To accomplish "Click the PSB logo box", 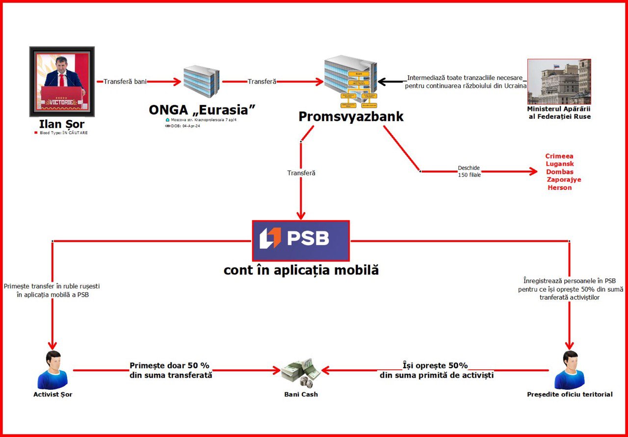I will [300, 241].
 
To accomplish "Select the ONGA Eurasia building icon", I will [201, 82].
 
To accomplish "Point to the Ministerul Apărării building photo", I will [559, 82].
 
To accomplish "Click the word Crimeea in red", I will [559, 156].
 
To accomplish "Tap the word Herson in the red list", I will [560, 188].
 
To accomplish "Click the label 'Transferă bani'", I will [125, 82].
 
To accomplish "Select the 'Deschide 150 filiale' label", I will [469, 171].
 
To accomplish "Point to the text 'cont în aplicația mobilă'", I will [301, 270].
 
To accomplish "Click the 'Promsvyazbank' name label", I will [351, 116].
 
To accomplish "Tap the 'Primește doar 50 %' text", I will [170, 366].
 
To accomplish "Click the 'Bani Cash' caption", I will [301, 394].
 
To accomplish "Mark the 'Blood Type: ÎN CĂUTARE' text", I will [63, 133].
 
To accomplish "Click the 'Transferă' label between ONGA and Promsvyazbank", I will [262, 82].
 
